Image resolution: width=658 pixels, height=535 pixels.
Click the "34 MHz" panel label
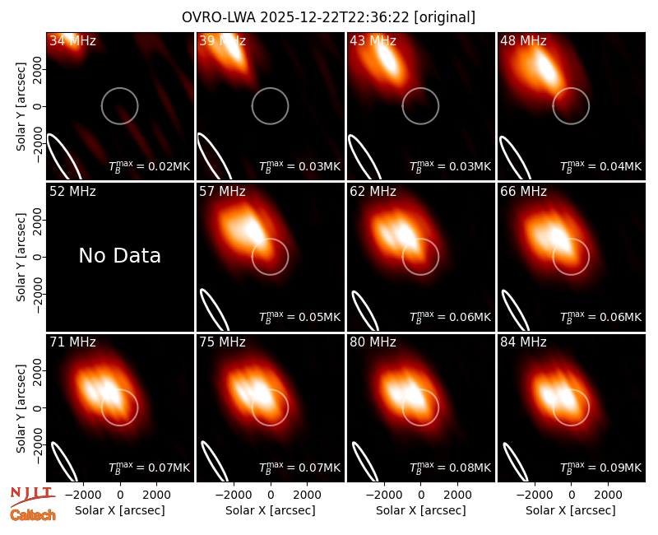72,40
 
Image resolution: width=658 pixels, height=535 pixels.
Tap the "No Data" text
119,255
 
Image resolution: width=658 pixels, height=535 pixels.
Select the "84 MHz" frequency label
523,342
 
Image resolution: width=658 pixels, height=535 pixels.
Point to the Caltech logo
33,515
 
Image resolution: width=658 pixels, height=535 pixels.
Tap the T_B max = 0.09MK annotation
601,468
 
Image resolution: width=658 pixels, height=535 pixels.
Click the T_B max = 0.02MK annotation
150,166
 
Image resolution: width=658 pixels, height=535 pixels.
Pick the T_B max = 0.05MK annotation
299,317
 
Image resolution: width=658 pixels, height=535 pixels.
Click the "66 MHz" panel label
523,192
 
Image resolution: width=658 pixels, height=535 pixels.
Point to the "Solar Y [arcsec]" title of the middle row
21,257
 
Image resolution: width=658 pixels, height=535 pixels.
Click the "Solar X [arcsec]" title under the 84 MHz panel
571,510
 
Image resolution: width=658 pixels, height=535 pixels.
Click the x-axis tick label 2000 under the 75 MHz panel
307,495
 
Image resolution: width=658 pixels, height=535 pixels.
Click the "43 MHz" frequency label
373,40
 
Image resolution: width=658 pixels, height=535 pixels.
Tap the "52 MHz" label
72,192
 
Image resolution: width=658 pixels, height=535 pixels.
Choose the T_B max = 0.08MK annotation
450,468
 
